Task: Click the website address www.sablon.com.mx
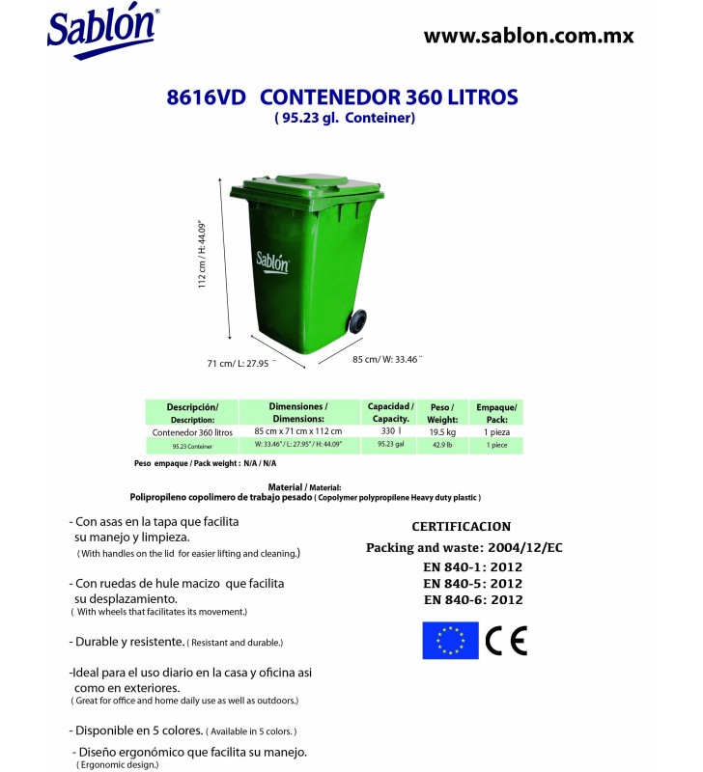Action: click(x=528, y=36)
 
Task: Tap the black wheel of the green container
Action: click(x=359, y=323)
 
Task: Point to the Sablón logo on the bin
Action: click(x=272, y=262)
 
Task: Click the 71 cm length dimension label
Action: click(x=241, y=364)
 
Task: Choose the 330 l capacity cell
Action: click(x=390, y=432)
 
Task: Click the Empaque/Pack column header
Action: click(x=496, y=413)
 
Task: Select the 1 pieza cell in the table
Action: click(x=496, y=432)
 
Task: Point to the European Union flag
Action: click(x=450, y=641)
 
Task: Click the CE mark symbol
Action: click(x=506, y=641)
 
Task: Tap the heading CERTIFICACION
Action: click(x=461, y=528)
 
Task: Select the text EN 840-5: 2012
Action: click(x=472, y=583)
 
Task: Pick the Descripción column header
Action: click(x=192, y=413)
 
